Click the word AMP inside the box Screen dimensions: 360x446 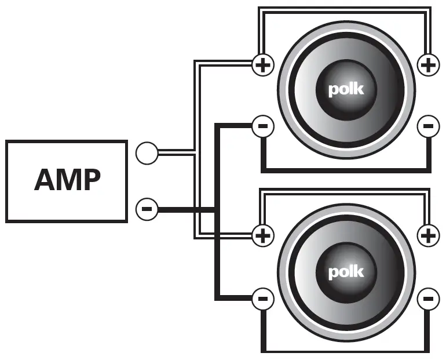click(67, 180)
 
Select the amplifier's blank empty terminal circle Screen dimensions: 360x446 click(147, 154)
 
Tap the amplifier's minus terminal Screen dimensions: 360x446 click(147, 208)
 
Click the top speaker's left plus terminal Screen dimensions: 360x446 click(263, 66)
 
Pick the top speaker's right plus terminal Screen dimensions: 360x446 click(428, 66)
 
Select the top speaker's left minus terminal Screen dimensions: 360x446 click(263, 126)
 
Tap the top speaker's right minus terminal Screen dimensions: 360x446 click(428, 126)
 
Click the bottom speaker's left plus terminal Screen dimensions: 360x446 click(263, 235)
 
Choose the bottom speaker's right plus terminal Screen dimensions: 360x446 click(428, 235)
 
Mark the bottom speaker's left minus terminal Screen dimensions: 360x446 click(263, 299)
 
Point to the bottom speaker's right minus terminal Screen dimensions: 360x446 click(428, 299)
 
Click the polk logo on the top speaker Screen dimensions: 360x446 click(346, 90)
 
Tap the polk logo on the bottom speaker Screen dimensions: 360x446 click(346, 271)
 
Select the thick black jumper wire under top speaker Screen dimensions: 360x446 click(346, 170)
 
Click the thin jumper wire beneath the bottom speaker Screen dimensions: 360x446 click(346, 350)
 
